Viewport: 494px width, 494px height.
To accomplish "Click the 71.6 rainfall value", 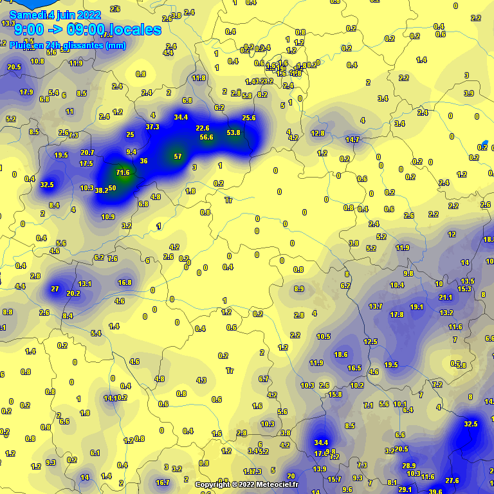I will pos(123,172).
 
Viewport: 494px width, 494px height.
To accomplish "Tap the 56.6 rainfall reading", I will pos(206,137).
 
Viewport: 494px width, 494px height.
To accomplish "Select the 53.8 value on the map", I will pos(233,133).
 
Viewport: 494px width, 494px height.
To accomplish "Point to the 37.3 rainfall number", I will pos(152,127).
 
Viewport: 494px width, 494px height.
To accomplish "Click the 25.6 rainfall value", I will pos(249,118).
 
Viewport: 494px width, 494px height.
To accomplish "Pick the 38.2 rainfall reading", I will pos(101,190).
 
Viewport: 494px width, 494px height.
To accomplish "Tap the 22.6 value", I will pos(203,128).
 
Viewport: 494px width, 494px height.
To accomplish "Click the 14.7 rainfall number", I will pos(352,140).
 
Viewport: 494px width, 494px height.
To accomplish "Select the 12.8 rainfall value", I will pos(318,133).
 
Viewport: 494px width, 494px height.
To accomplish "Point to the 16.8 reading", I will pos(125,282).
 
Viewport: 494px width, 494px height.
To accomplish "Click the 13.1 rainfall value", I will pos(85,284).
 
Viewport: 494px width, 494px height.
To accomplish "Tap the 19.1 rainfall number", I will pos(417,307).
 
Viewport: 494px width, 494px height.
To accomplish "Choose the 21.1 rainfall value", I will pos(446,297).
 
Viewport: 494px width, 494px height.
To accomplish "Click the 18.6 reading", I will pos(341,354).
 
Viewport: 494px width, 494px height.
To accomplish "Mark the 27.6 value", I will pos(452,480).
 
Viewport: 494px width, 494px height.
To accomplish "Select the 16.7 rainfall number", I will pos(163,482).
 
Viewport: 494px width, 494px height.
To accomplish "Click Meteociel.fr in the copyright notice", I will pos(277,484).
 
